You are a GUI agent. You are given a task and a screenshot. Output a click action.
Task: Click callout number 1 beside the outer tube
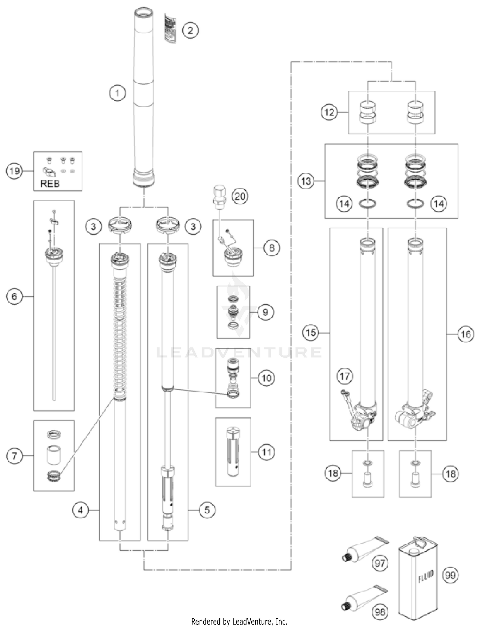[x=117, y=93]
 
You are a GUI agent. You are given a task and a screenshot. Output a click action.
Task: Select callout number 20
[x=240, y=196]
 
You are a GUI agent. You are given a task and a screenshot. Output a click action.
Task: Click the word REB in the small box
[x=50, y=184]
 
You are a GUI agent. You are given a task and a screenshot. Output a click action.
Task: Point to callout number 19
[x=14, y=171]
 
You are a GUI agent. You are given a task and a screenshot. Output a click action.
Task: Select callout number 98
[x=380, y=612]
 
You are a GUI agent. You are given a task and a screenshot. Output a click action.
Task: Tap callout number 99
[x=450, y=575]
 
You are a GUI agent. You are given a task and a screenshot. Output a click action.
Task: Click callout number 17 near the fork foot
[x=345, y=376]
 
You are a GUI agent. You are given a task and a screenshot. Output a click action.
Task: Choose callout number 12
[x=329, y=112]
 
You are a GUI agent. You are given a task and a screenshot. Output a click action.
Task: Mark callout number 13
[x=306, y=181]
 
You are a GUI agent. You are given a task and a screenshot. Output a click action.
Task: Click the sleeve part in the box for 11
[x=233, y=451]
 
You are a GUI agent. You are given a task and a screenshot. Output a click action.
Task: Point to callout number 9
[x=265, y=312]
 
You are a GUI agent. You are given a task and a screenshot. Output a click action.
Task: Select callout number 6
[x=14, y=296]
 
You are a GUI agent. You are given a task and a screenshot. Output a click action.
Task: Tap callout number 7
[x=14, y=455]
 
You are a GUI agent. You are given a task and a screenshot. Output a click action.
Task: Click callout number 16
[x=466, y=334]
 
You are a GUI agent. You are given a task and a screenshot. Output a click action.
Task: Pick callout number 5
[x=207, y=510]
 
